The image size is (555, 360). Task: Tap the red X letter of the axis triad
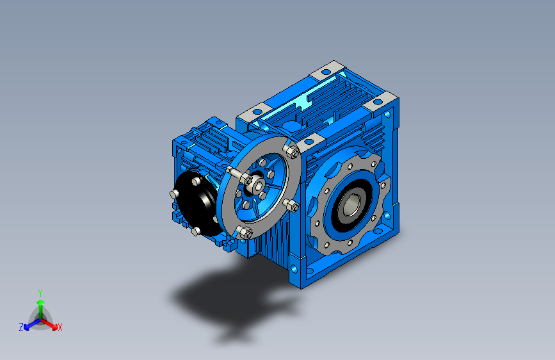pos(60,327)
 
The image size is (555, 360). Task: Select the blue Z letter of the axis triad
pos(21,327)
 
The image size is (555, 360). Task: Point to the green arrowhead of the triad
pos(40,302)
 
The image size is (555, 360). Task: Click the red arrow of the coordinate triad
pos(51,323)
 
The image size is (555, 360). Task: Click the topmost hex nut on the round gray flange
pos(292,151)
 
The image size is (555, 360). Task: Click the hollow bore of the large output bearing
pos(350,205)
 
